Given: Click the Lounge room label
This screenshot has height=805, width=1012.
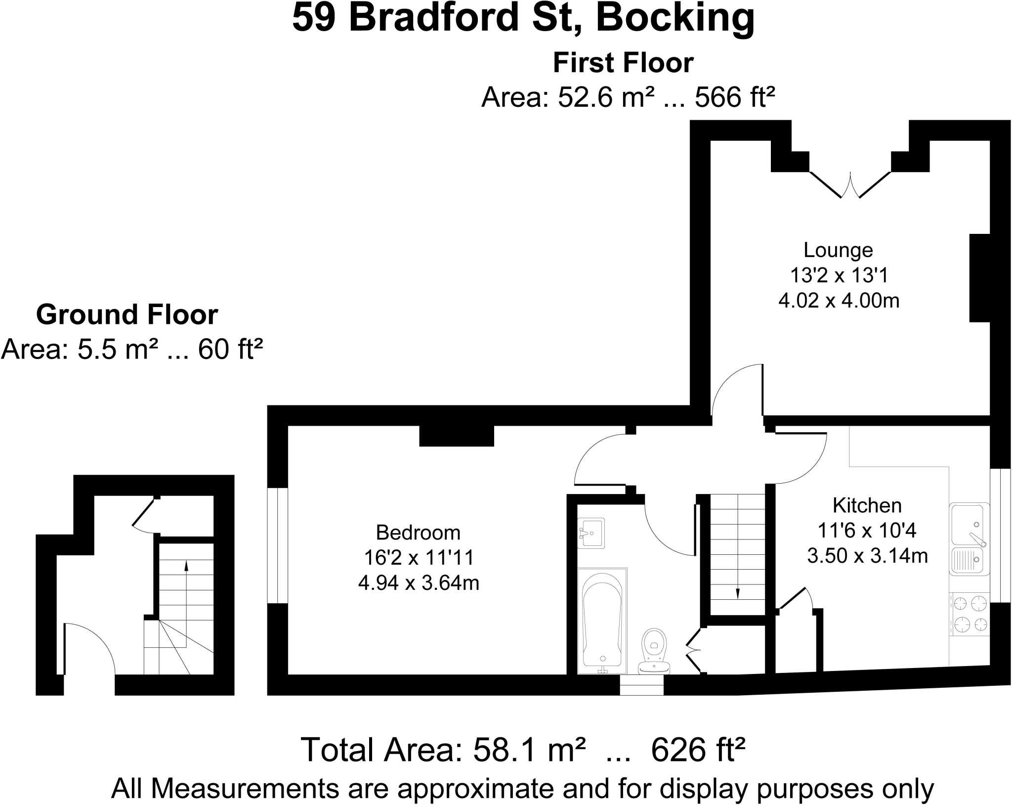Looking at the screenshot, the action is click(838, 250).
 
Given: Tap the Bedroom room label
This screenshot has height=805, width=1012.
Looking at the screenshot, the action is click(418, 533).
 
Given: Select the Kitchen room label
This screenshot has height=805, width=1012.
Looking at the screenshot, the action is click(867, 505).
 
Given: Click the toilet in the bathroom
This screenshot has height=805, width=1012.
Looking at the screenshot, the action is click(654, 651).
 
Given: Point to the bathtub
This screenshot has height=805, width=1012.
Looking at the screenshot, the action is click(602, 621).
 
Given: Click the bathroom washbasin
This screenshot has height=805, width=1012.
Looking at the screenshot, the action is click(591, 533).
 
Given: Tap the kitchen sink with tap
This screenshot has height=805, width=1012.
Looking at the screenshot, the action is click(968, 525).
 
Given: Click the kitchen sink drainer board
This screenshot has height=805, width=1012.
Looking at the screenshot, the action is click(967, 560).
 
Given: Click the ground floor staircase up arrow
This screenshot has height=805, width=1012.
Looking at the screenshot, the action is click(186, 604).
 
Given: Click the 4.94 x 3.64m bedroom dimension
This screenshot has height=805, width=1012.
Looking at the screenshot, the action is click(419, 583).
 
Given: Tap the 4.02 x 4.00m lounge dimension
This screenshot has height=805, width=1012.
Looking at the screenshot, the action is click(839, 301).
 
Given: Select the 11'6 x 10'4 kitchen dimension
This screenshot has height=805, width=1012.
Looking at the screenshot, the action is click(867, 531).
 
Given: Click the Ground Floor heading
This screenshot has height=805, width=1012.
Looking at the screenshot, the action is click(127, 314).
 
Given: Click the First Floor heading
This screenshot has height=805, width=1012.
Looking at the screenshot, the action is click(623, 63).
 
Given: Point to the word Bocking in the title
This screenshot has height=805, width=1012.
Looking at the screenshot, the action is click(675, 18).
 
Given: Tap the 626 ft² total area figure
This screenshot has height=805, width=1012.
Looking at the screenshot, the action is click(698, 750).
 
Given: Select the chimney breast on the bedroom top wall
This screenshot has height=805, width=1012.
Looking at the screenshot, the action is click(457, 436).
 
